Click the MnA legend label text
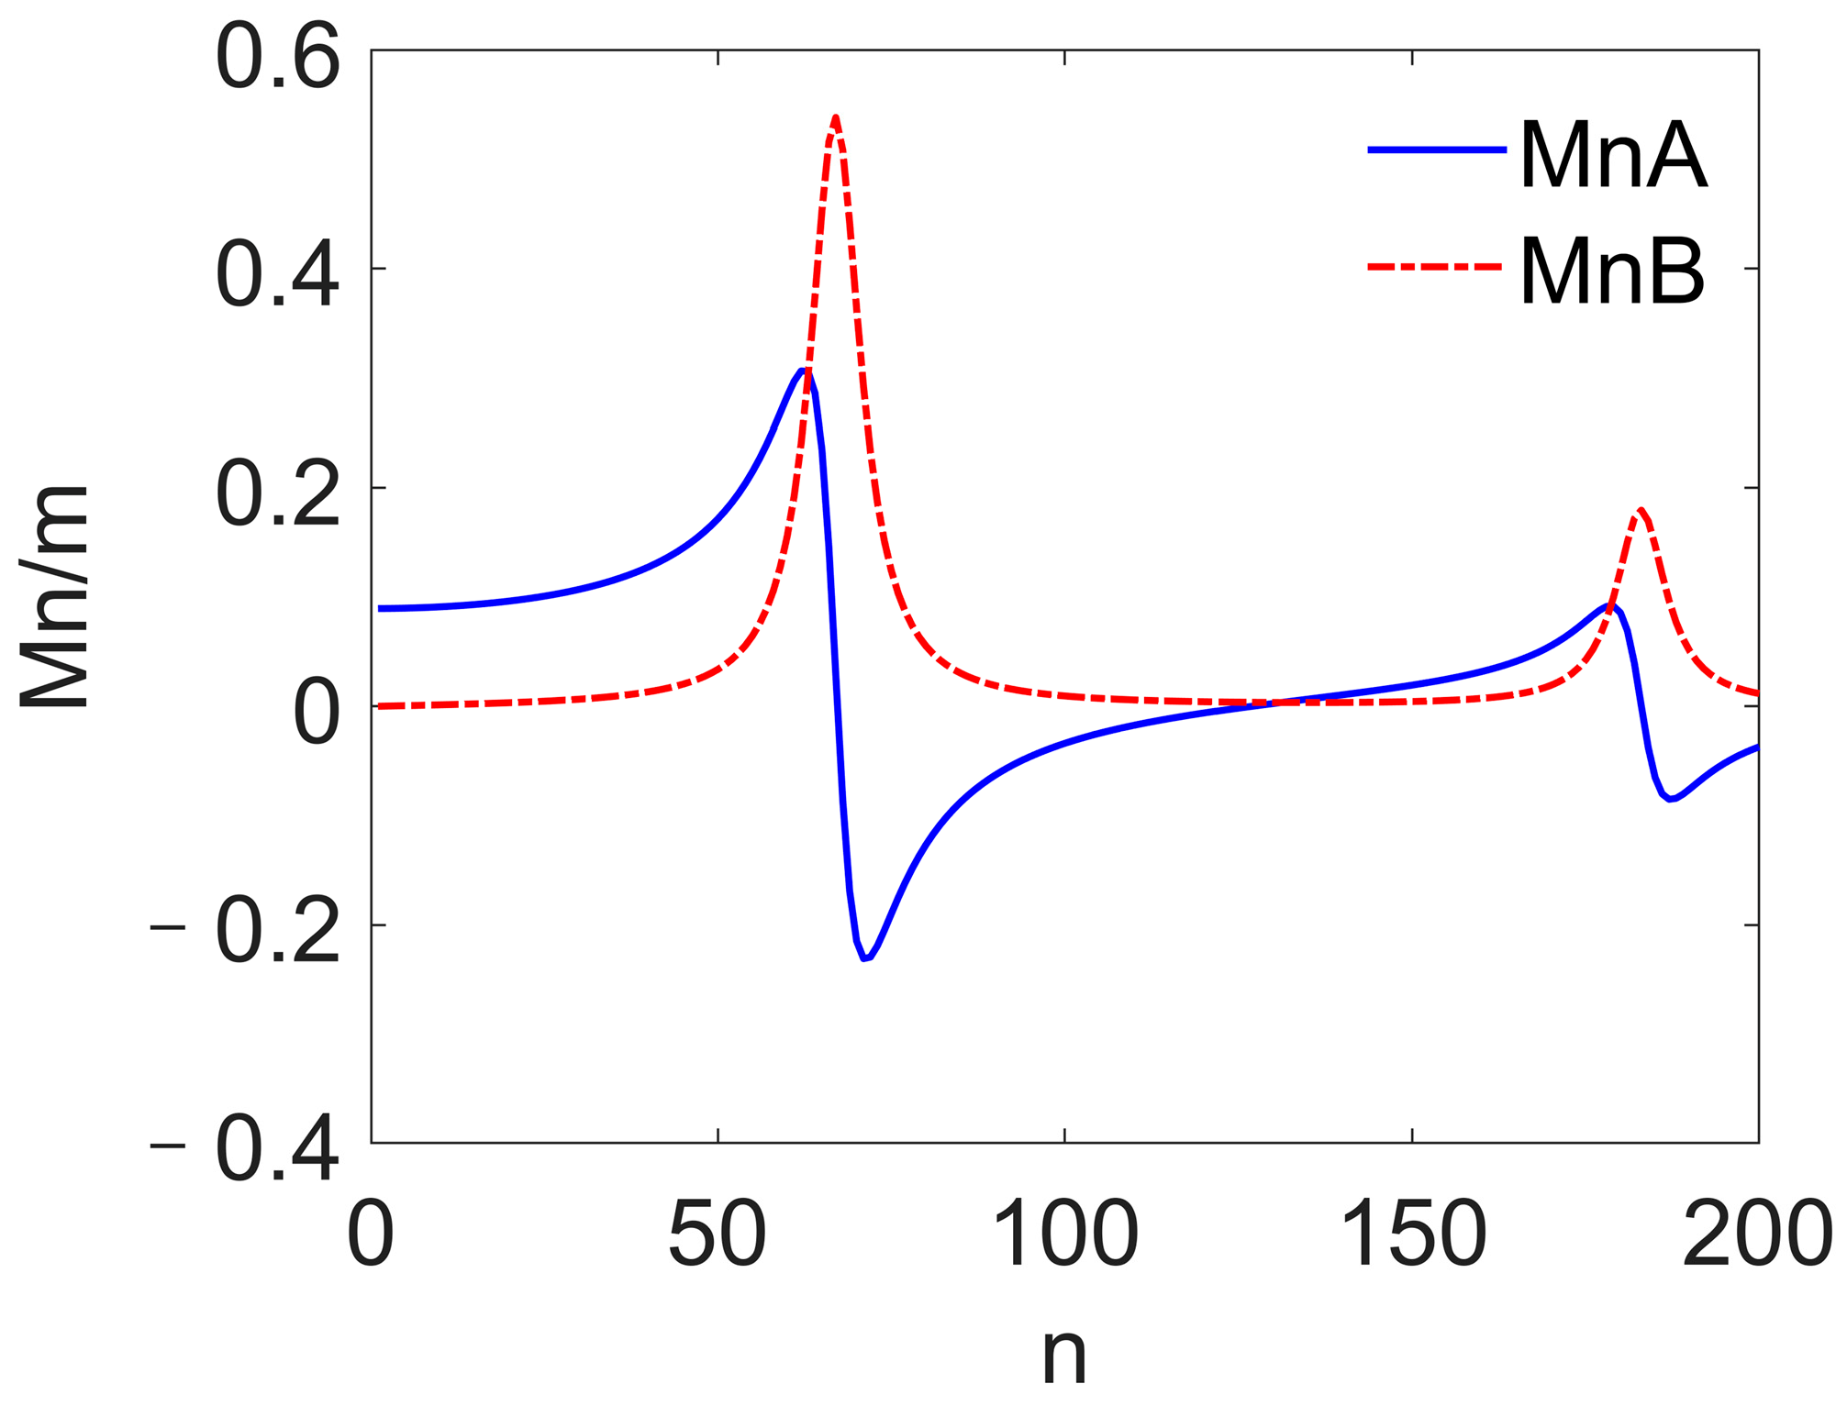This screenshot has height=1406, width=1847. pyautogui.click(x=1612, y=157)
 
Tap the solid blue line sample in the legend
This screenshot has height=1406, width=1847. pyautogui.click(x=1437, y=150)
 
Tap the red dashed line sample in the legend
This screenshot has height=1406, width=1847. pyautogui.click(x=1437, y=267)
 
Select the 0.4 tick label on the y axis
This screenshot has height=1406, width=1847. pyautogui.click(x=277, y=274)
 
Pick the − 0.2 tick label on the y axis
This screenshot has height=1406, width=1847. pyautogui.click(x=246, y=932)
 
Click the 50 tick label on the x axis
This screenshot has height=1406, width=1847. pyautogui.click(x=718, y=1234)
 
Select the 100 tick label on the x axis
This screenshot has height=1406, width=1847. pyautogui.click(x=1064, y=1234)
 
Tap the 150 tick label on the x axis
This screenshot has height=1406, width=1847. pyautogui.click(x=1412, y=1234)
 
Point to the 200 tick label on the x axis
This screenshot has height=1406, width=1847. pyautogui.click(x=1757, y=1234)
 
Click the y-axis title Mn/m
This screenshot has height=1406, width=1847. pyautogui.click(x=55, y=597)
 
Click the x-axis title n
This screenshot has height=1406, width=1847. pyautogui.click(x=1064, y=1354)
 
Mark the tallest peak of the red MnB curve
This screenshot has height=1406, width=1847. pyautogui.click(x=835, y=117)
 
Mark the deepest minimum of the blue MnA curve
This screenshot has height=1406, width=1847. pyautogui.click(x=865, y=958)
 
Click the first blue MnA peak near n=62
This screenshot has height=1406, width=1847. pyautogui.click(x=802, y=371)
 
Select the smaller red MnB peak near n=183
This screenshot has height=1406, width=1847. pyautogui.click(x=1640, y=510)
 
